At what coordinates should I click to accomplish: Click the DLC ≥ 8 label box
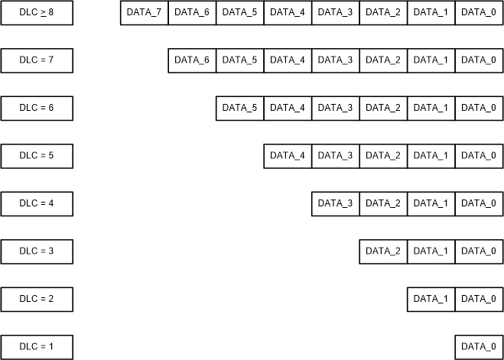[37, 12]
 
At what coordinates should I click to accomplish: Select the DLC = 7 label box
[37, 60]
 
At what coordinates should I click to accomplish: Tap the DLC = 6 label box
[37, 108]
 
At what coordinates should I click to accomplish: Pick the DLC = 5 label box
[37, 156]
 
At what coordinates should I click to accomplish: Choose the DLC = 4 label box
[37, 203]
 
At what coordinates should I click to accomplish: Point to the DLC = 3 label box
[37, 251]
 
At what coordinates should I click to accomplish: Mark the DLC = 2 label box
[37, 299]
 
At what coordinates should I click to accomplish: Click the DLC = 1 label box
[37, 347]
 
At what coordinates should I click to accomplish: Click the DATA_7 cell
[145, 12]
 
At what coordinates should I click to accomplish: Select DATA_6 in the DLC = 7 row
[192, 60]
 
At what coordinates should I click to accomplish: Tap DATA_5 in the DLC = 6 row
[239, 108]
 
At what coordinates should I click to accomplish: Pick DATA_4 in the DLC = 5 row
[288, 156]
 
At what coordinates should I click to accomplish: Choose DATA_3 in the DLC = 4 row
[335, 203]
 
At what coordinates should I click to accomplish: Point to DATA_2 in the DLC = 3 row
[383, 251]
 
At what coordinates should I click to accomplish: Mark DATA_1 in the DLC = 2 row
[431, 299]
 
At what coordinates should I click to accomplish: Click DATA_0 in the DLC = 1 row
[479, 347]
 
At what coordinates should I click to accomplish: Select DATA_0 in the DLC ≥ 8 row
[479, 12]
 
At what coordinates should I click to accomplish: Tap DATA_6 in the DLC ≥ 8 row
[192, 12]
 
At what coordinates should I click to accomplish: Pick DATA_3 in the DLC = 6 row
[335, 108]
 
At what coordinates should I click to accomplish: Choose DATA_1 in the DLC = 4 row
[431, 203]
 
